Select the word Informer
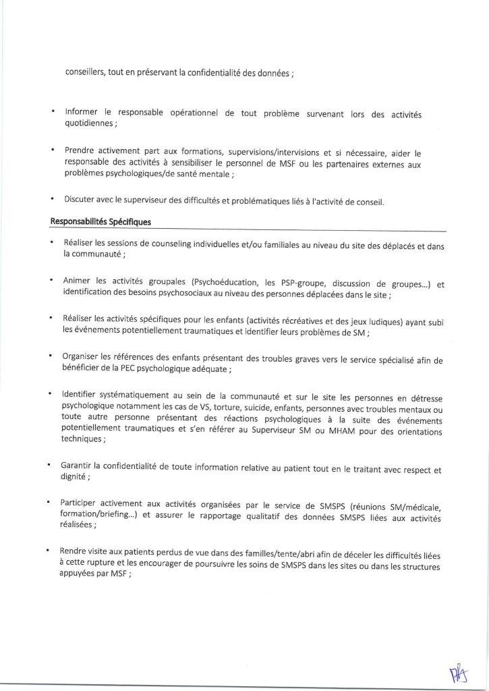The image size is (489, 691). [x=86, y=113]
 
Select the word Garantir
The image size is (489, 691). [x=80, y=466]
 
